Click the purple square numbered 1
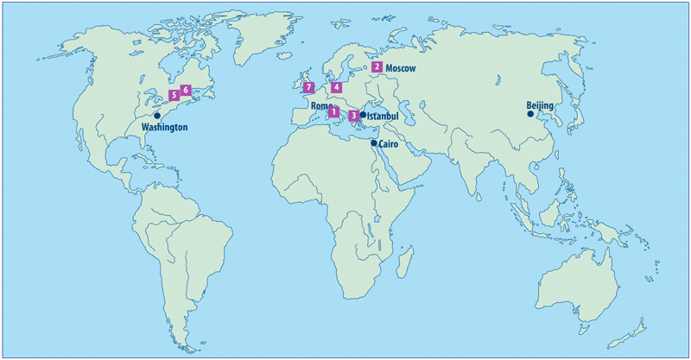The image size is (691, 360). coord(333,112)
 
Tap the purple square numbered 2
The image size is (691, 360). coord(377,66)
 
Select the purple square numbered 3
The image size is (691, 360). coord(353,115)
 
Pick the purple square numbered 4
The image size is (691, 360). coord(336,87)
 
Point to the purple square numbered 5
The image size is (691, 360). coord(174,95)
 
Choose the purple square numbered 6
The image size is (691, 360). coord(186,89)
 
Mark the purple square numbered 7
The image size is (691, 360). coord(308,87)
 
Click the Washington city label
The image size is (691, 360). coord(164,127)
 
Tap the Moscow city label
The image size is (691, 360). coord(401,67)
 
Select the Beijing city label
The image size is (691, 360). coord(542,107)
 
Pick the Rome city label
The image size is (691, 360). coord(320,106)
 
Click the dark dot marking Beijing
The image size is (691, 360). coord(530,113)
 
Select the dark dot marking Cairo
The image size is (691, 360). coord(374,143)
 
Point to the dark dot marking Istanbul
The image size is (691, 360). coord(363,115)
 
